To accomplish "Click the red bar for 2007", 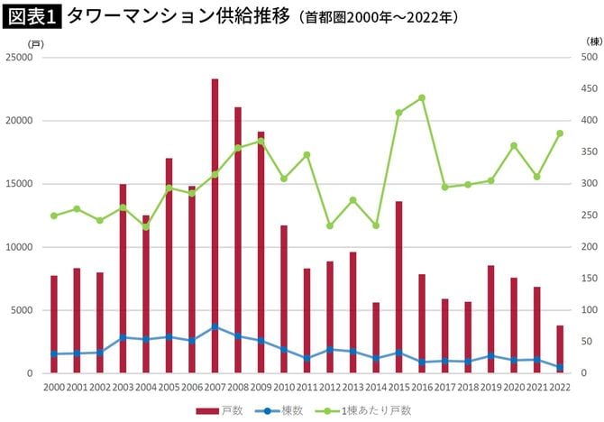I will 215,225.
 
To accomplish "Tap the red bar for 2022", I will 560,349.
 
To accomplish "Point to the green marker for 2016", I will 422,97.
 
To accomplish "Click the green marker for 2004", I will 146,226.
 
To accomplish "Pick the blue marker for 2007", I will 215,327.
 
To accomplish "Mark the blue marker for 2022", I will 560,367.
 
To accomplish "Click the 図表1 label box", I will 32,16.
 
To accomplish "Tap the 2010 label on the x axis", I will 284,388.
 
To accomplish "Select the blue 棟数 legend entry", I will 279,410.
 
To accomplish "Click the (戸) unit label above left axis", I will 34,42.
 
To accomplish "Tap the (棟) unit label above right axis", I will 592,41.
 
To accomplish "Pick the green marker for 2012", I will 330,225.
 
